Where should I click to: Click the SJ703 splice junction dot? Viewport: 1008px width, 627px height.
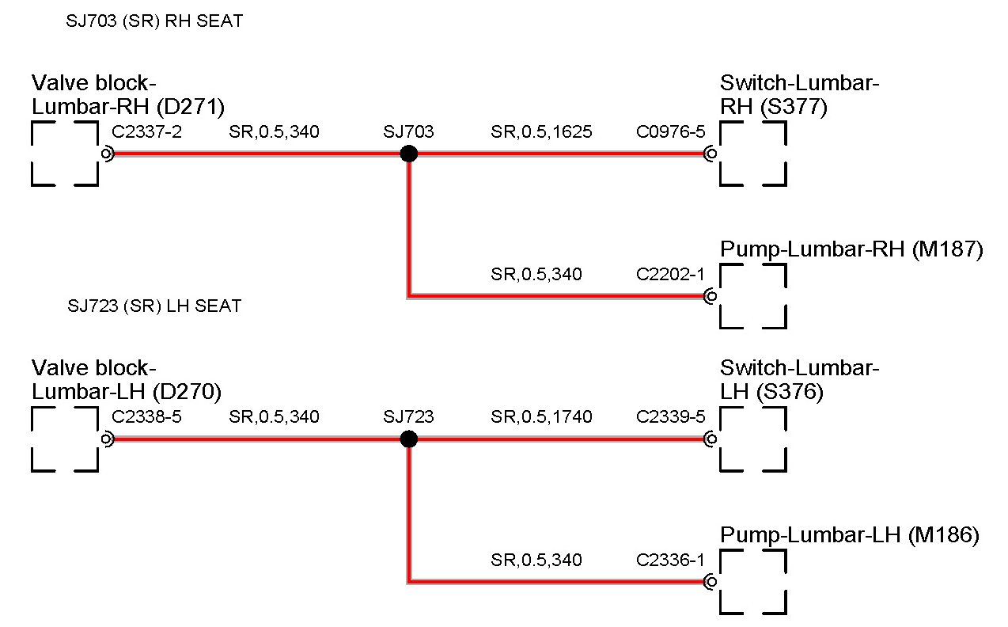click(408, 154)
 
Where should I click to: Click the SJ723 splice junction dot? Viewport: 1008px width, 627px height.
click(408, 439)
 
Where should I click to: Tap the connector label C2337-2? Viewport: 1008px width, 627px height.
click(147, 131)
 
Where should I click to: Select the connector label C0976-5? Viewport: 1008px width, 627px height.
click(670, 131)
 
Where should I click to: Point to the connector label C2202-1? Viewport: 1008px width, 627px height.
click(670, 274)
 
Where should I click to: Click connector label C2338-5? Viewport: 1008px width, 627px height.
click(147, 416)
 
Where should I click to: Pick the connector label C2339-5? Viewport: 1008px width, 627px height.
click(670, 416)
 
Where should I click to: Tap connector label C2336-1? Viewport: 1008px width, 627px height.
click(670, 560)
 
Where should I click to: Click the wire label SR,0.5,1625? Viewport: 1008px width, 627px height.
click(541, 131)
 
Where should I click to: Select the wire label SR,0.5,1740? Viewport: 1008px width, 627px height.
click(541, 416)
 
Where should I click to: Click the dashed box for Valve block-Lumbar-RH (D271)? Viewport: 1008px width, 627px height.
click(65, 154)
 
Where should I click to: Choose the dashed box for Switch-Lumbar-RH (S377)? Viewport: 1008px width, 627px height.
click(752, 154)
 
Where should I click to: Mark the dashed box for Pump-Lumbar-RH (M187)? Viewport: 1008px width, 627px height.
click(752, 296)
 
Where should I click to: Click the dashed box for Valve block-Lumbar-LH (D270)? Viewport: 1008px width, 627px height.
click(65, 439)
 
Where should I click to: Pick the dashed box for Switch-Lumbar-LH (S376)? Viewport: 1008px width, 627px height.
click(752, 439)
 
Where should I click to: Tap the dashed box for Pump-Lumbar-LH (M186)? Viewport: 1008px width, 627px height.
click(752, 582)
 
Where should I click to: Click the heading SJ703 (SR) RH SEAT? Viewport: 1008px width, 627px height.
click(155, 22)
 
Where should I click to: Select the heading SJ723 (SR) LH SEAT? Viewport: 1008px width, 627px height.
click(155, 306)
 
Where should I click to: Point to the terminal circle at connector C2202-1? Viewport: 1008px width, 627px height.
click(711, 296)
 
